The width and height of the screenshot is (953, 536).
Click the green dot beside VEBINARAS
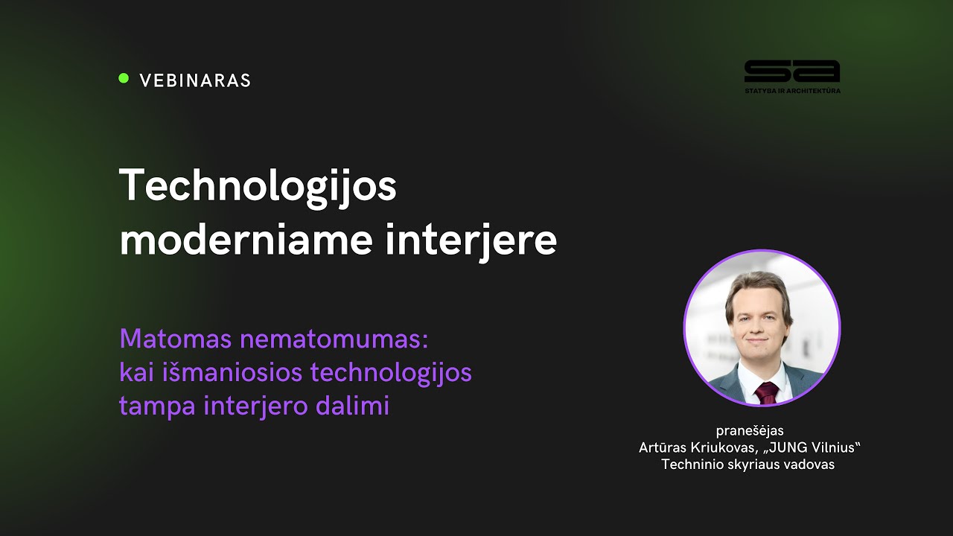coord(124,78)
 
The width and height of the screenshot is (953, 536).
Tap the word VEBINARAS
coord(195,80)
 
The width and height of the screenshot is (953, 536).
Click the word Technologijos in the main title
coord(258,186)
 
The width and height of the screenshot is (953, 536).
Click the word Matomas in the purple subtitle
coord(176,339)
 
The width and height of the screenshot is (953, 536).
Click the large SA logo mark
coord(791,71)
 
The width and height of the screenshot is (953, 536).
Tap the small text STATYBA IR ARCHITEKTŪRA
coord(791,91)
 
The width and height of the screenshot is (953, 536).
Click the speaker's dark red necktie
coord(766,392)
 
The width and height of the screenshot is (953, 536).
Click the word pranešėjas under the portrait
coord(749,430)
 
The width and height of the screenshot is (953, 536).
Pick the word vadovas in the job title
coord(809,465)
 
